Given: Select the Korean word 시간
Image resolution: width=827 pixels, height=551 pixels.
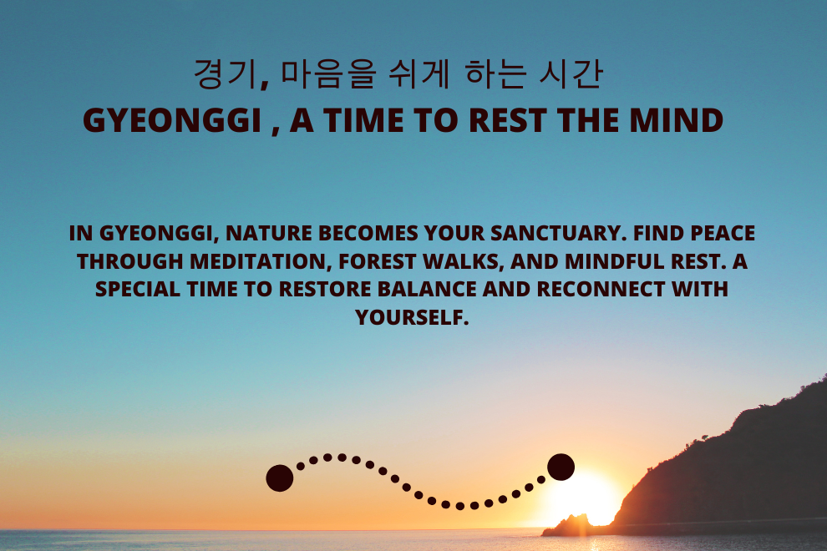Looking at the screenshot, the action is (x=571, y=73).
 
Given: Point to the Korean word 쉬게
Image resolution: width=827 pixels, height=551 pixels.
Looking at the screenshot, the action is (x=419, y=73).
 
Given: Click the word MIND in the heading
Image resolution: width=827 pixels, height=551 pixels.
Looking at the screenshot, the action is (x=676, y=120).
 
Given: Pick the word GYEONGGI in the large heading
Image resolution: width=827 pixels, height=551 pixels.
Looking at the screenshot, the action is (x=172, y=120).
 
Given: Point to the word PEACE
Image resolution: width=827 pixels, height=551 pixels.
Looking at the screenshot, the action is (x=723, y=234).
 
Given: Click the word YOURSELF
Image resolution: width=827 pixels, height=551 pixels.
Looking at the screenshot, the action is (x=412, y=317).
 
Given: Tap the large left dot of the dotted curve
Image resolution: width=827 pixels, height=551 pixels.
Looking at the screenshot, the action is (x=280, y=478).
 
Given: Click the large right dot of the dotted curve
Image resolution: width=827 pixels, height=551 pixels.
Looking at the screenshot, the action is (x=561, y=468).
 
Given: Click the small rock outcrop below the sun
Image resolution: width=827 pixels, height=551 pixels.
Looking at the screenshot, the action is (x=567, y=526).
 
